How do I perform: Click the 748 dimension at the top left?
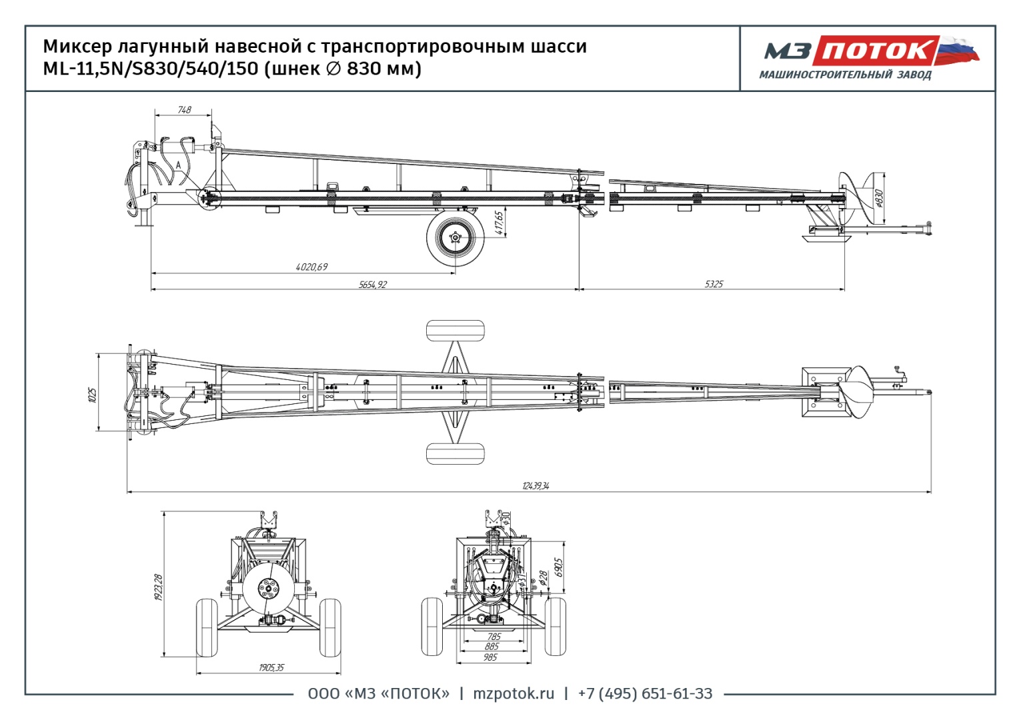click(184, 110)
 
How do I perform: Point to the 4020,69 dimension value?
click(311, 267)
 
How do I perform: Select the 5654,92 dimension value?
click(372, 285)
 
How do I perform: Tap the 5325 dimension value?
click(713, 284)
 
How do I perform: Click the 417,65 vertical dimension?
click(499, 223)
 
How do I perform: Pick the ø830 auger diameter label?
click(878, 198)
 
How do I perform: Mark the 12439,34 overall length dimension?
click(536, 486)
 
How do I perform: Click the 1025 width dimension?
click(93, 395)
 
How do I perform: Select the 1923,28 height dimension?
click(158, 587)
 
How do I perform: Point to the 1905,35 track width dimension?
click(271, 667)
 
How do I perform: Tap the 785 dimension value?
click(493, 637)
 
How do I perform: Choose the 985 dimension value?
click(490, 657)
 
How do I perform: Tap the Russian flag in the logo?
click(958, 50)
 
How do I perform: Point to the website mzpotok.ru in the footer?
click(514, 694)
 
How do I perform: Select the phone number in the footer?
click(645, 694)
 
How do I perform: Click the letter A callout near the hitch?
click(179, 165)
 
